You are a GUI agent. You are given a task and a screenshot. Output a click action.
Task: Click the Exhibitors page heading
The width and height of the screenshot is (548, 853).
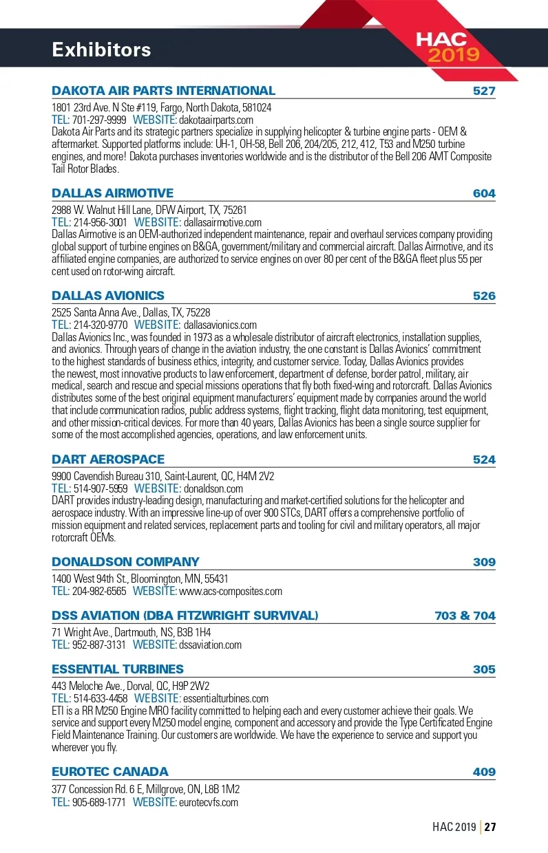pos(101,50)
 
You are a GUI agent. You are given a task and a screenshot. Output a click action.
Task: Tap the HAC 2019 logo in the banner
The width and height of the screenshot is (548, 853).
pos(451,47)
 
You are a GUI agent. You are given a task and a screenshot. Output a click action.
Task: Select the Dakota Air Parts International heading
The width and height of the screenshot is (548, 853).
pos(163,91)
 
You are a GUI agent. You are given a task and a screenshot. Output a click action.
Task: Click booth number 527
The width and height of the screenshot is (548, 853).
pos(484,91)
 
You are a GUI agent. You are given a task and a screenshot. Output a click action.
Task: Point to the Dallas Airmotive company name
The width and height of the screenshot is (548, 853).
pos(112,193)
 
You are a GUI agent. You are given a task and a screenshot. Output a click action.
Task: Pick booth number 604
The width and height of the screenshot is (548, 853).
pos(484,193)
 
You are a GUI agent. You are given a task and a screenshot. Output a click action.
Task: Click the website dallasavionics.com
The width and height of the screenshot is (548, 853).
pos(220,325)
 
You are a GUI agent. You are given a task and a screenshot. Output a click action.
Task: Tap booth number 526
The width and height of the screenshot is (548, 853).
pos(484,296)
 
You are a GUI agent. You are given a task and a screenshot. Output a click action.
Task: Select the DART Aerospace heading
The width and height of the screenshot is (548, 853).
pos(108,460)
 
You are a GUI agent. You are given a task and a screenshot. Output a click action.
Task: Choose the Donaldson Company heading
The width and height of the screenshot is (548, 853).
pos(125,562)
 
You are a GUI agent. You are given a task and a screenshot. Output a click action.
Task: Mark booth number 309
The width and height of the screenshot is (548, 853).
pos(484,562)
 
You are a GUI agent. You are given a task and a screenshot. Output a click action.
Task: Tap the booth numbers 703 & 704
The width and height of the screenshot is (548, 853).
pos(465,616)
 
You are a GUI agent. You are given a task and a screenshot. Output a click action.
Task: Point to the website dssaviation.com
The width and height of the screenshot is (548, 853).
pos(210,645)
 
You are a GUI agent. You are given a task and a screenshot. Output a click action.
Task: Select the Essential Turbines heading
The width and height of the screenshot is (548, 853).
pos(118,669)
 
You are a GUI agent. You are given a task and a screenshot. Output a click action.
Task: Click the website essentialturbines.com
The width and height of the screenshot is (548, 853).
pos(225,698)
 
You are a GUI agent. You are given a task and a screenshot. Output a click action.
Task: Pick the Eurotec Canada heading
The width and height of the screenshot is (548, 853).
pos(110,772)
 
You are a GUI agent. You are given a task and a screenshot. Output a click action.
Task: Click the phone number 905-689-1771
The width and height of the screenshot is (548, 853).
pos(99,802)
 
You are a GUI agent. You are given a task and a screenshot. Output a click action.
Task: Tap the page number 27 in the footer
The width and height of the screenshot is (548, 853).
pos(490,827)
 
